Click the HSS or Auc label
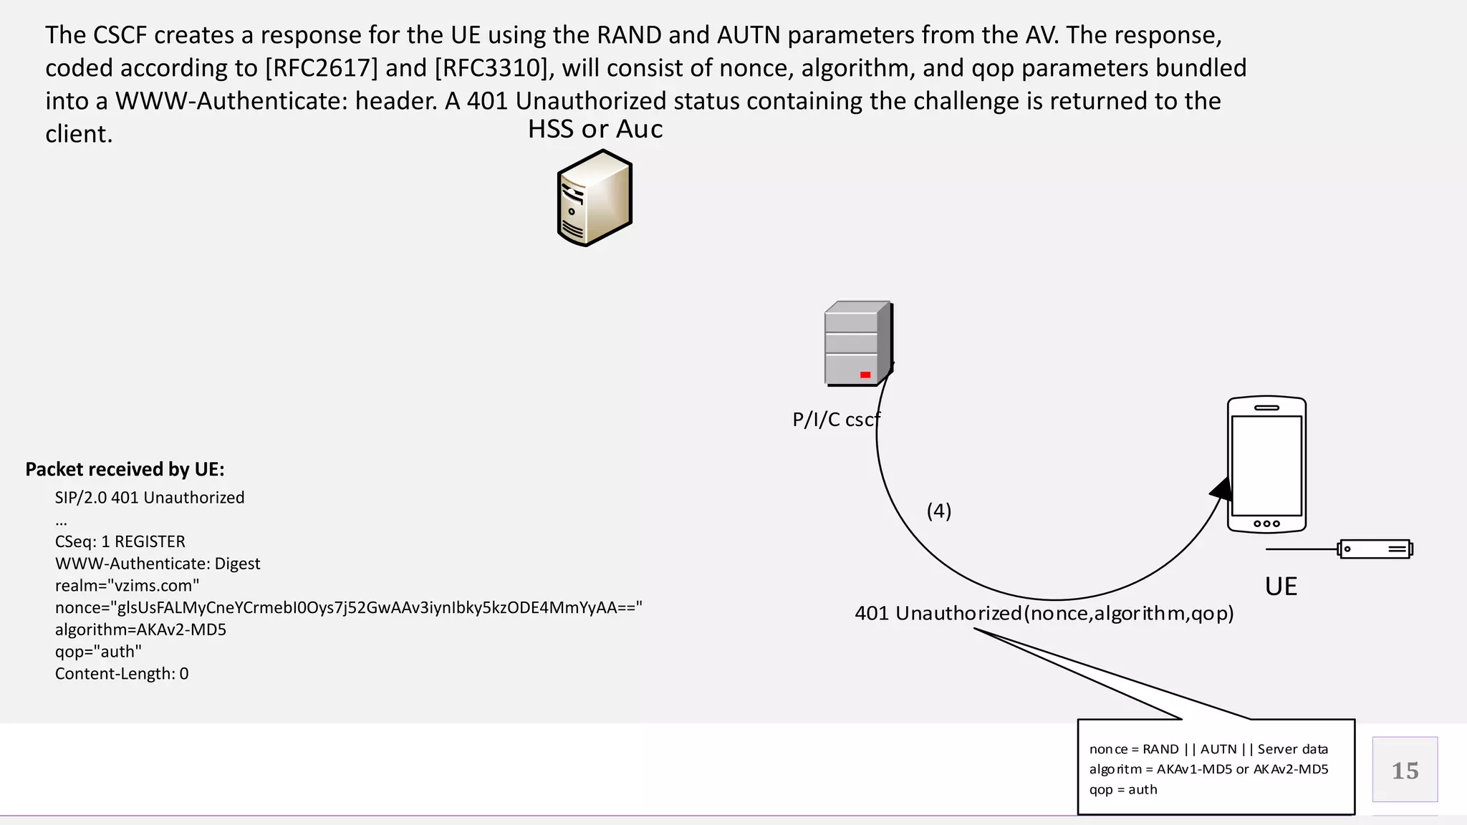[595, 129]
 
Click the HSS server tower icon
[595, 198]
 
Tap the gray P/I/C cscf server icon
[857, 343]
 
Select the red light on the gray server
[865, 375]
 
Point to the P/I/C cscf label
[835, 420]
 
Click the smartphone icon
[1266, 465]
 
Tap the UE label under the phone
[1281, 587]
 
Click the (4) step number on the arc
[939, 511]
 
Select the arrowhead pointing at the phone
[1221, 489]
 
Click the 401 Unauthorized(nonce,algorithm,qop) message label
[1044, 614]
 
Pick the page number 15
[1405, 771]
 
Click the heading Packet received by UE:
[125, 469]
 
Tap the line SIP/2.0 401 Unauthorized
[150, 498]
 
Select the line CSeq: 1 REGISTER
[120, 541]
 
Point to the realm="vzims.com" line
[127, 586]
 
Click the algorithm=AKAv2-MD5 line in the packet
[140, 629]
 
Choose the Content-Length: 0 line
[122, 674]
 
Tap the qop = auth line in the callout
[1123, 789]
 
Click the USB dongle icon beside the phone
[1375, 549]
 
